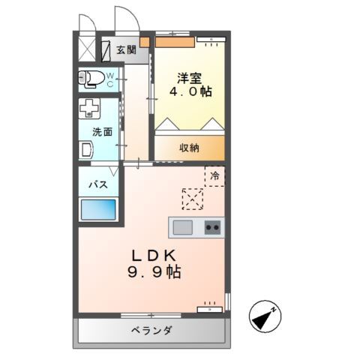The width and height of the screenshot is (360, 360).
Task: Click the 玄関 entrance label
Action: click(x=126, y=50)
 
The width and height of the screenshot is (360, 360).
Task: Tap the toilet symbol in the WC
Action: click(x=92, y=79)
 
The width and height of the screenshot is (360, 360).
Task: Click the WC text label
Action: click(x=109, y=79)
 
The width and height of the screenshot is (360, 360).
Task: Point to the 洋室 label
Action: click(x=188, y=77)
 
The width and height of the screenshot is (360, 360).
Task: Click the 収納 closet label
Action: click(x=189, y=148)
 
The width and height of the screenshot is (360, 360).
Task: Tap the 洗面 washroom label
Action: click(x=103, y=131)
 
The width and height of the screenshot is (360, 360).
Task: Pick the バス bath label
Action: click(x=98, y=184)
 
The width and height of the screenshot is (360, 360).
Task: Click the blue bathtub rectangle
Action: click(x=98, y=209)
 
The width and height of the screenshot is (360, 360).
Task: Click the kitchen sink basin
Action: click(x=184, y=226)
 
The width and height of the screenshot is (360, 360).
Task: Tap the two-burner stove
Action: click(x=214, y=226)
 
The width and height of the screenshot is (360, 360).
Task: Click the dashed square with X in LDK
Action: click(x=192, y=199)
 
